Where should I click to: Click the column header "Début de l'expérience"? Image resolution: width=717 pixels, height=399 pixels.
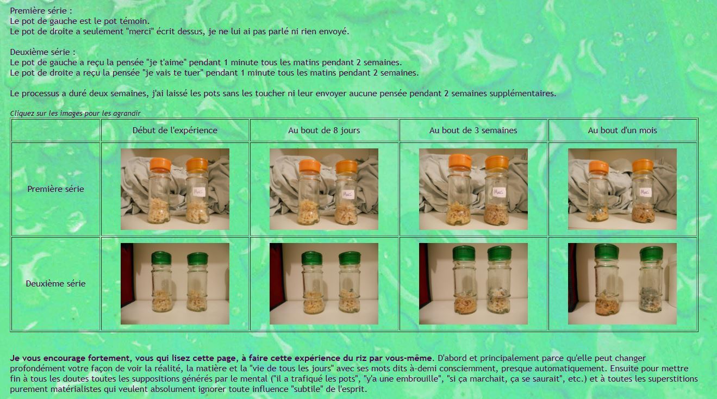(x=175, y=130)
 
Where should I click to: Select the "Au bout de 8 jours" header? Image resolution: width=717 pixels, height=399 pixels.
(x=324, y=130)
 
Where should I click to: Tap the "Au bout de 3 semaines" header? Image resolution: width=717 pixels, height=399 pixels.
(x=473, y=130)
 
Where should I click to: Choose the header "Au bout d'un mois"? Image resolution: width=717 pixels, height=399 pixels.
(x=622, y=130)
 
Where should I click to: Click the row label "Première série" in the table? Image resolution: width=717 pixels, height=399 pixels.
(x=55, y=189)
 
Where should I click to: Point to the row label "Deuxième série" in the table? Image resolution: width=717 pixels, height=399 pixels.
(x=55, y=284)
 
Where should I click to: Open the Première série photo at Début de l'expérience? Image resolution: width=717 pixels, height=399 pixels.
(x=175, y=189)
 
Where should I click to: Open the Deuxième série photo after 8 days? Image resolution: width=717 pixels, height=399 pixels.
(x=324, y=284)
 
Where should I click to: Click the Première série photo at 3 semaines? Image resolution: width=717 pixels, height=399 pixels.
(x=473, y=189)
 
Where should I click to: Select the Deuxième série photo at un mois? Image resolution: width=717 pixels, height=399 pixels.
(x=622, y=284)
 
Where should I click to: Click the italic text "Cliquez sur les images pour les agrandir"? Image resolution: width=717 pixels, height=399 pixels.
(x=75, y=113)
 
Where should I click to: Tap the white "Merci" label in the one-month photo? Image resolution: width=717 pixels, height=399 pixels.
(x=645, y=192)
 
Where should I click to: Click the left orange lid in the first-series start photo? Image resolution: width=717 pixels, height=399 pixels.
(x=160, y=164)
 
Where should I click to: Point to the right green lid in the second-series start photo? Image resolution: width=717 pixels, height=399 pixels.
(x=197, y=259)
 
